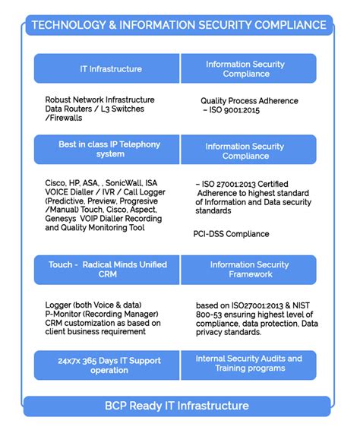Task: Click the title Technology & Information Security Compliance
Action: pyautogui.click(x=179, y=25)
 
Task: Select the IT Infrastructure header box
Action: pyautogui.click(x=110, y=69)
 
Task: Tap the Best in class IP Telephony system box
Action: pyautogui.click(x=110, y=149)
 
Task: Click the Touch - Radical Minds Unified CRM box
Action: pyautogui.click(x=110, y=270)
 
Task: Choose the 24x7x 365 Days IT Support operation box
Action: pyautogui.click(x=110, y=365)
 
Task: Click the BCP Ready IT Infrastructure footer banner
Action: pyautogui.click(x=179, y=406)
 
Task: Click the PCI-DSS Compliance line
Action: pyautogui.click(x=231, y=234)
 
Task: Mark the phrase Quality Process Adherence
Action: pyautogui.click(x=249, y=100)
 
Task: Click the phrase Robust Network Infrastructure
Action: pyautogui.click(x=99, y=100)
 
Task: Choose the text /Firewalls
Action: pyautogui.click(x=65, y=118)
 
